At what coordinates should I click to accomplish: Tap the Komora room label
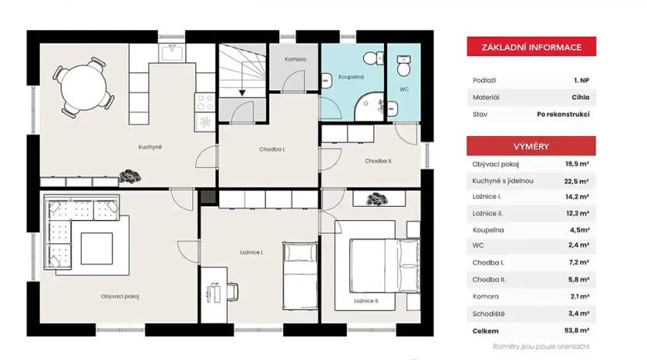[x=295, y=59]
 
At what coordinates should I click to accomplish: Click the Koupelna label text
[x=351, y=78]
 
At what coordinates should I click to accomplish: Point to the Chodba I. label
[x=272, y=149]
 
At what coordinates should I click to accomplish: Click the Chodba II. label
[x=378, y=161]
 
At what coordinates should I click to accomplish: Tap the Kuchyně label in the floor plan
[x=150, y=146]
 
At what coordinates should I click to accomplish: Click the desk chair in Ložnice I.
[x=233, y=292]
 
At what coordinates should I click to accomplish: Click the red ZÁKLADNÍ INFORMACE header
[x=530, y=47]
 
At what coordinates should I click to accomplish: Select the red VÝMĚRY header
[x=530, y=146]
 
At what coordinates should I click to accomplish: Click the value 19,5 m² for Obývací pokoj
[x=576, y=164]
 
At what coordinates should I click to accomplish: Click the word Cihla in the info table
[x=580, y=98]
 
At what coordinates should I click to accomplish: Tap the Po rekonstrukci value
[x=562, y=114]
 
